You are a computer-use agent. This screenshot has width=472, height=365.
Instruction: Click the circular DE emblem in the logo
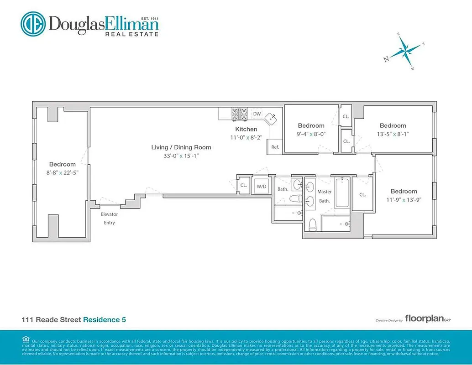point(32,24)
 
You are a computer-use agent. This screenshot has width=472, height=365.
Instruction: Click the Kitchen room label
point(246,129)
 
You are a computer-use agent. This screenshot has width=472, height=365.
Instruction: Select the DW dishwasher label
point(257,114)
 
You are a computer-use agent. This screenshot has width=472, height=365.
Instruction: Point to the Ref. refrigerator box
point(275,147)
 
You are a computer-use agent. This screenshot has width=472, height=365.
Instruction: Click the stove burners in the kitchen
point(240,114)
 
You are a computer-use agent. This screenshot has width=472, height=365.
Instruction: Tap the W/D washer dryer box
point(262,186)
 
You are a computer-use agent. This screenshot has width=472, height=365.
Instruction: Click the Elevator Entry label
point(109,219)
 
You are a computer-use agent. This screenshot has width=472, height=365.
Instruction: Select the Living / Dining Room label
point(181,147)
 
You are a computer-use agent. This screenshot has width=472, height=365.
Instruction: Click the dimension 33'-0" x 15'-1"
point(181,156)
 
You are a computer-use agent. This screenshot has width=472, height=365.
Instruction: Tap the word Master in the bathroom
point(325,192)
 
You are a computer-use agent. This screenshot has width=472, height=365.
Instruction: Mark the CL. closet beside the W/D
point(243,186)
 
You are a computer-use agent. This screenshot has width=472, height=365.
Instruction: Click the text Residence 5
point(105,319)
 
